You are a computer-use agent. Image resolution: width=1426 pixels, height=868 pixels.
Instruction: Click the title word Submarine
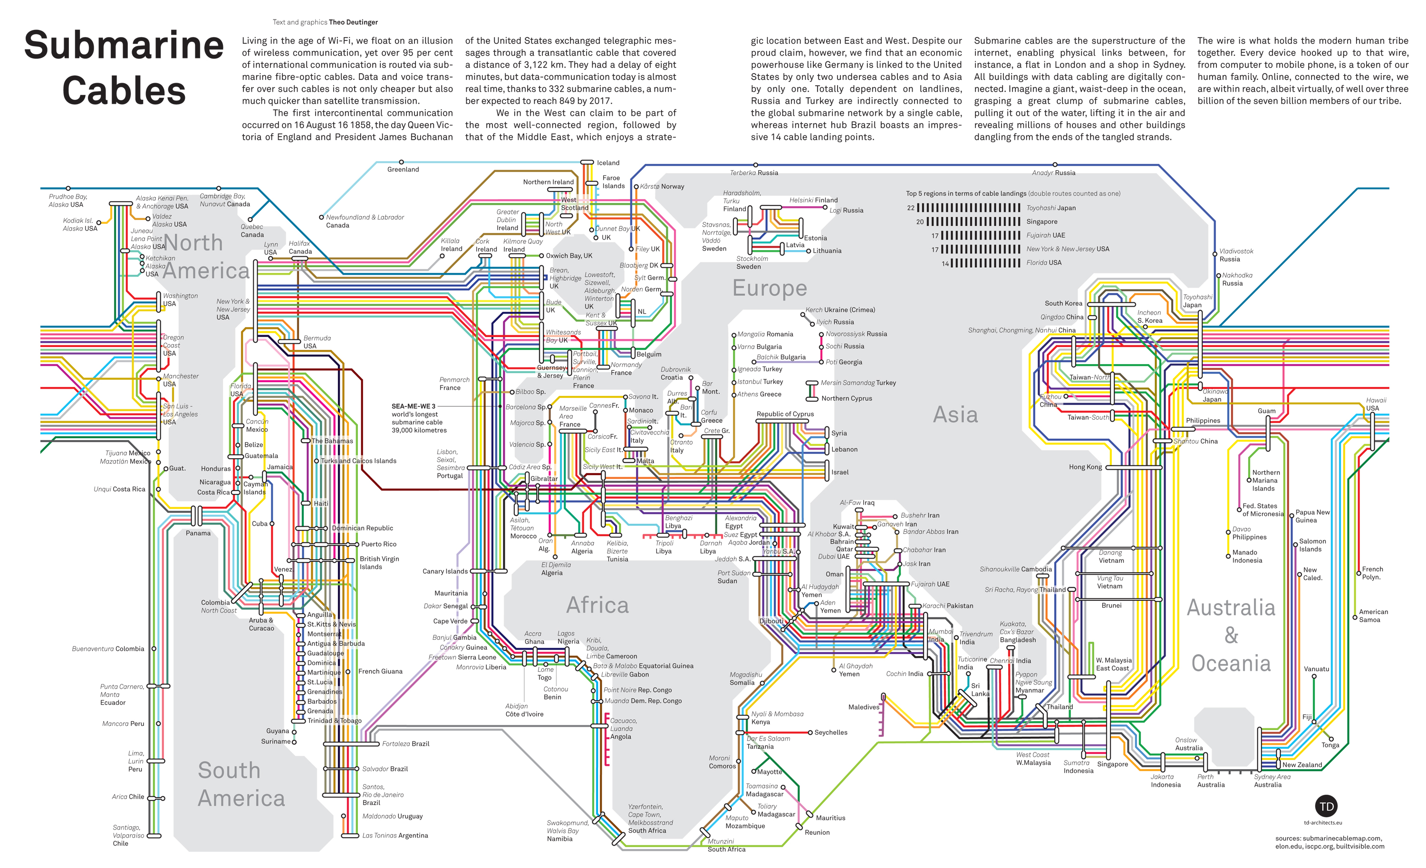point(124,45)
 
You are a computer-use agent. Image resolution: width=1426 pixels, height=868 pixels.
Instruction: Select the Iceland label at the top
point(608,163)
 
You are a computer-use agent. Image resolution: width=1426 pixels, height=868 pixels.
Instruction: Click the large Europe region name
point(769,288)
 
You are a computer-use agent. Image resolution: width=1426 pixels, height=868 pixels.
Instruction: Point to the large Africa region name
point(597,605)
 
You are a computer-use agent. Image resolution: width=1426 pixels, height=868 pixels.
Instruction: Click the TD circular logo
point(1327,807)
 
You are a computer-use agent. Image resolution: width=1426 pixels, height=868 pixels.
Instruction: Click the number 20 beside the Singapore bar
point(920,222)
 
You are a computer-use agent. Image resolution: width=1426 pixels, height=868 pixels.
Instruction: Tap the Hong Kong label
point(1085,467)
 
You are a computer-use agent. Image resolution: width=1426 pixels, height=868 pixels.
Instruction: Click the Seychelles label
point(830,733)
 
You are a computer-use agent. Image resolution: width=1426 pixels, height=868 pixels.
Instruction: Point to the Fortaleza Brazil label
point(405,743)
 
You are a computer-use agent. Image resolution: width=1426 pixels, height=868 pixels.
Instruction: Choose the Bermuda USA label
point(317,342)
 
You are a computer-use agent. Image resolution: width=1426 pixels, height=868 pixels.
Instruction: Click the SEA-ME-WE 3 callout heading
point(413,406)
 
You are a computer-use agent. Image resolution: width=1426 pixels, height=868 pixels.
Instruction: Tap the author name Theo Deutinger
point(353,22)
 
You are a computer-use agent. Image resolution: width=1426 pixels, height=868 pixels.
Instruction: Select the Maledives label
point(864,707)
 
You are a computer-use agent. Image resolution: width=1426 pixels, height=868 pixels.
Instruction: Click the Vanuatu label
point(1316,669)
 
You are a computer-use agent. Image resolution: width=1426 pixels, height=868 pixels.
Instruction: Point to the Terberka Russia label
point(753,173)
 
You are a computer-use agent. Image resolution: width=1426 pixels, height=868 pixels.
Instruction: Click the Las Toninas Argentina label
point(395,836)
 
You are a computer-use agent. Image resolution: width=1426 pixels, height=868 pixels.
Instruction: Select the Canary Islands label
point(444,572)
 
